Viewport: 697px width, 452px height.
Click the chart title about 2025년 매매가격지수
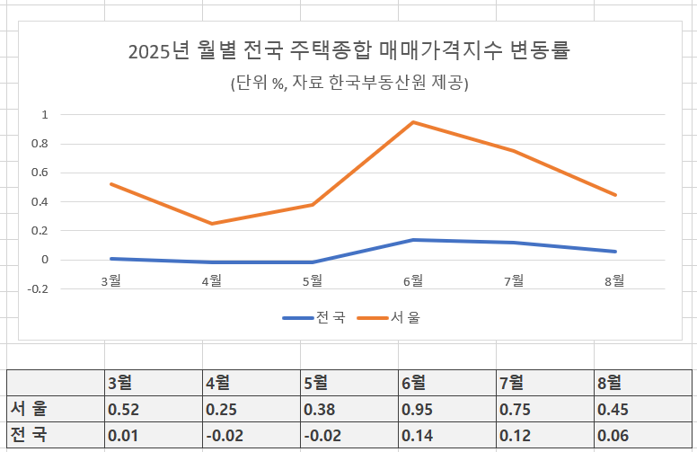(349, 51)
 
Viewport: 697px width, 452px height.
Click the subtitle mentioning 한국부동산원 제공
(349, 84)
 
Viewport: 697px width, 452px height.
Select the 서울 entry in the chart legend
(393, 317)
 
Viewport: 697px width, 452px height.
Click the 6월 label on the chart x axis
(413, 281)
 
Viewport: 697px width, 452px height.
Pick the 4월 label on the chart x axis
(212, 281)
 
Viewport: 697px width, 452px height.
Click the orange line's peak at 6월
(413, 122)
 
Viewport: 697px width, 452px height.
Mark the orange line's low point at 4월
(212, 224)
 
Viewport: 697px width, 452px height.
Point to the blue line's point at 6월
(413, 240)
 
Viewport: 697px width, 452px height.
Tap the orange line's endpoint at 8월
(615, 195)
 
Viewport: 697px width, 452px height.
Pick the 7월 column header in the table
(511, 382)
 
